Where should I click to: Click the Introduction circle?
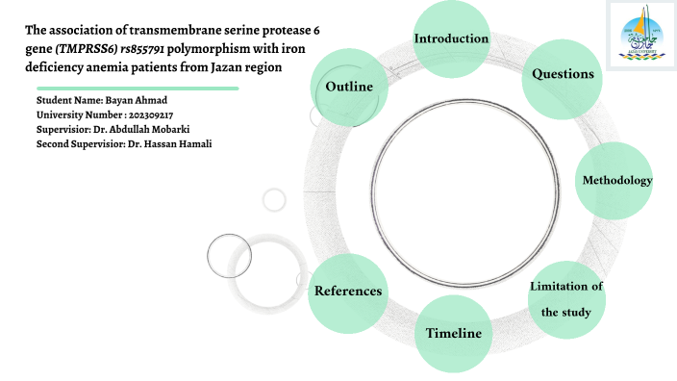(452, 39)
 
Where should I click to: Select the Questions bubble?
(562, 75)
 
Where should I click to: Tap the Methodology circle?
(616, 181)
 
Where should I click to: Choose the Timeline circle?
(453, 333)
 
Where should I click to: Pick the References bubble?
(348, 291)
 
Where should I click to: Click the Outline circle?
(349, 88)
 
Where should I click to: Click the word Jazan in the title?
(228, 67)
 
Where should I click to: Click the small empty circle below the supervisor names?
(274, 200)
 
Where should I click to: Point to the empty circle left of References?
(230, 255)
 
